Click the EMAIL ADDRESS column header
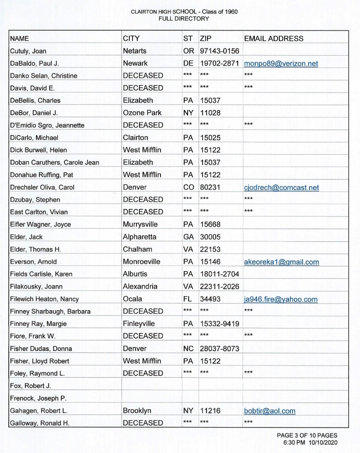(x=274, y=39)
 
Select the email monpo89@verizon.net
(x=281, y=64)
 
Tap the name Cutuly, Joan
(x=28, y=51)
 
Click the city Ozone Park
(x=142, y=113)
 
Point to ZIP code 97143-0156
(x=219, y=51)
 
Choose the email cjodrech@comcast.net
(x=282, y=188)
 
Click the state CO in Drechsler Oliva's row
(x=189, y=188)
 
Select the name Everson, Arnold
(x=33, y=262)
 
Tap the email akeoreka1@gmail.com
(x=282, y=262)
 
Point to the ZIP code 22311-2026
(x=219, y=287)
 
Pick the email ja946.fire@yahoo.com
(x=281, y=299)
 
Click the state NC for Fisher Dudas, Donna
(x=189, y=349)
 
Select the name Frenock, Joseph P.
(x=36, y=399)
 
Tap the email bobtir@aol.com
(x=270, y=411)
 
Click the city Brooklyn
(x=137, y=411)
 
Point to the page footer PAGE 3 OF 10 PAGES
(x=307, y=435)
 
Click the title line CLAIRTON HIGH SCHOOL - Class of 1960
(x=184, y=12)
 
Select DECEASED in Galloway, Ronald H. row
(x=143, y=423)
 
